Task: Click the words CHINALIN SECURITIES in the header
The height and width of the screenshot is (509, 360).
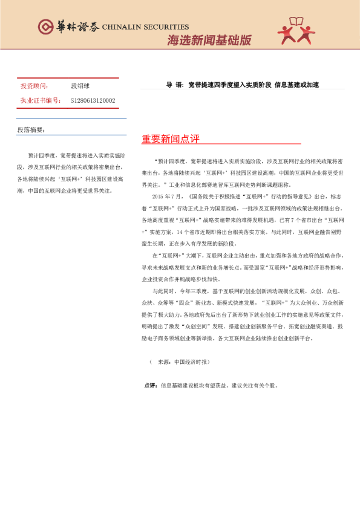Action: [145, 27]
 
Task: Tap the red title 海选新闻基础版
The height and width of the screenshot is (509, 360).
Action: [209, 41]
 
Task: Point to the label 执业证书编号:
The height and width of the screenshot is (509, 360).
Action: [41, 100]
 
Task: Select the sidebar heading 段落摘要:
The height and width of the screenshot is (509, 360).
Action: [31, 130]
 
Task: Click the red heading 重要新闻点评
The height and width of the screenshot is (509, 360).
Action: [171, 139]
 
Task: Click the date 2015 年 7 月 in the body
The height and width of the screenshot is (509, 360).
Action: [167, 197]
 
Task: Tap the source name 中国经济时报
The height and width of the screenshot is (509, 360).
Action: [191, 361]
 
